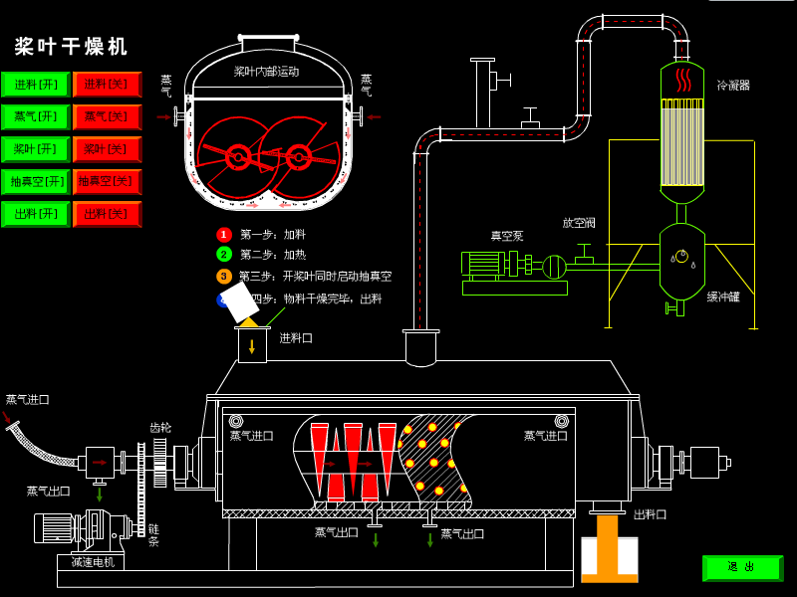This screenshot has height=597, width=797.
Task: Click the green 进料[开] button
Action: click(x=36, y=85)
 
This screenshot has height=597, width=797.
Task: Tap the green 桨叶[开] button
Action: click(x=36, y=149)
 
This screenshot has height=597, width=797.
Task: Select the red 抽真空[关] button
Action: click(x=107, y=182)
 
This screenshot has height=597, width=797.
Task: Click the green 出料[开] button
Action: click(x=36, y=214)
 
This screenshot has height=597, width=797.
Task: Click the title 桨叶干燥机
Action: click(x=72, y=47)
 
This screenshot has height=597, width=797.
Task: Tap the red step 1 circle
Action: click(x=224, y=235)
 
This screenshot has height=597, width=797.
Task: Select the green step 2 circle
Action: click(x=224, y=255)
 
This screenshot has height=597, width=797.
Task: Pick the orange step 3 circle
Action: click(x=224, y=276)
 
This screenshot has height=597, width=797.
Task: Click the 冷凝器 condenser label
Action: click(x=733, y=86)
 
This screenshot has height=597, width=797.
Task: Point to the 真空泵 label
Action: click(x=506, y=237)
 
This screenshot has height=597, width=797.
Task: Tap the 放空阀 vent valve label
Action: click(x=579, y=223)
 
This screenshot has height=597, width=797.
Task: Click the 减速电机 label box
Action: click(x=92, y=562)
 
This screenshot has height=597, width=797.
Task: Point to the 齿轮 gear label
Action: click(x=160, y=428)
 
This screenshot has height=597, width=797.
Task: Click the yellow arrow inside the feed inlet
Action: click(x=252, y=346)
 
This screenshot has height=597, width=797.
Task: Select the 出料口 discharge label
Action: click(x=650, y=514)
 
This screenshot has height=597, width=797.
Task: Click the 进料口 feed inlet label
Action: click(x=296, y=338)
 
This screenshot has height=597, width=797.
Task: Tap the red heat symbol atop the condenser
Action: click(x=682, y=79)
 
